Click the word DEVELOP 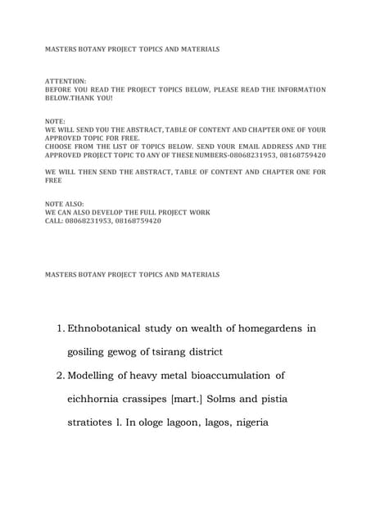coord(107,212)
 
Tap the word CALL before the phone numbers coord(54,221)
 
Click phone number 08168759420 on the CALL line coord(138,221)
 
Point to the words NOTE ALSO coord(64,203)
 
